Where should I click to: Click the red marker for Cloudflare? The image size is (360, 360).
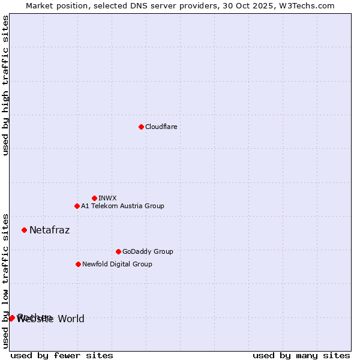(141, 127)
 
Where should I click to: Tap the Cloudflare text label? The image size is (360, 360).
(161, 127)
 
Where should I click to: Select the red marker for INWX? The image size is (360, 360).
(94, 198)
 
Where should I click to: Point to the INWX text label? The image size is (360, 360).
(107, 199)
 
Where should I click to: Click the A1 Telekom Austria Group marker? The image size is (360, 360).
(77, 206)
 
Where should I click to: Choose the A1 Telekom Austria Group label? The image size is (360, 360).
(122, 206)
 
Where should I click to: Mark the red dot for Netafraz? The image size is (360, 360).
(24, 230)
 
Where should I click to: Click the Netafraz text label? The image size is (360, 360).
(49, 230)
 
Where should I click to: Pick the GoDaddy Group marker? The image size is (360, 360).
(118, 251)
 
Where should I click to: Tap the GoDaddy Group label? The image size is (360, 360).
(147, 252)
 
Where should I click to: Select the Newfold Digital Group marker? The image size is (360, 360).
(78, 264)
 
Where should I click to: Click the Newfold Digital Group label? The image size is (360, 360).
(117, 265)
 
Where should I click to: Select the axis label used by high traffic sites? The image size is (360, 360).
(6, 85)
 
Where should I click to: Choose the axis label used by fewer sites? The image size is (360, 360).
(62, 355)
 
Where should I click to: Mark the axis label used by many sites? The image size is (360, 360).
(301, 355)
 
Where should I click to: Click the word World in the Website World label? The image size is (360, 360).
(71, 319)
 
